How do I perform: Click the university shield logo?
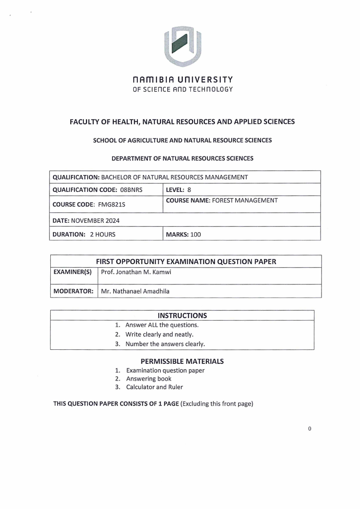coord(182,45)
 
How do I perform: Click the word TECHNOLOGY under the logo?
coord(212,89)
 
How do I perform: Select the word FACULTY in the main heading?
coord(87,122)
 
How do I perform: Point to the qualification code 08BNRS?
coord(135,190)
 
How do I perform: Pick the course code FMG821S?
coord(111,205)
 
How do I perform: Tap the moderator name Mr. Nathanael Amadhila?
coord(135,291)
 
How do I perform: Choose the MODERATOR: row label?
coord(73,291)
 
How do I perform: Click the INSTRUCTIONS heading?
coord(182,315)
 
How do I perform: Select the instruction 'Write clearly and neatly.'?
coord(159,334)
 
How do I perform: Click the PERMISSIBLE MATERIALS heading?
coord(182,362)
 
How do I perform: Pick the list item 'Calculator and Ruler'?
coord(154,387)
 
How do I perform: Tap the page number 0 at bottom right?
coord(309,429)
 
